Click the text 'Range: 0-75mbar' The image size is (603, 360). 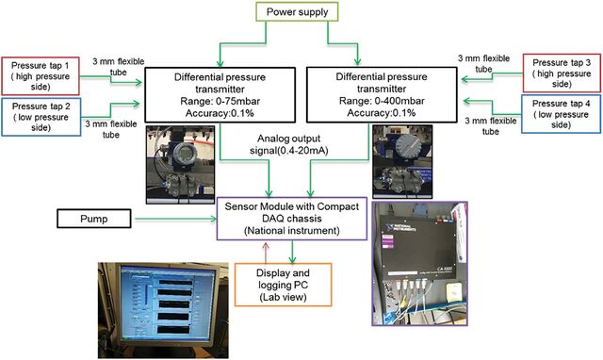[220, 101]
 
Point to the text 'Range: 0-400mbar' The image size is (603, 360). [382, 101]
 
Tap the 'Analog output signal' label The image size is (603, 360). [289, 144]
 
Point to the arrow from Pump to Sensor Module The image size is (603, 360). [176, 219]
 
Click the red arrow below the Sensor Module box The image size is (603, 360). [266, 252]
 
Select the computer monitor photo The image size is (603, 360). [163, 310]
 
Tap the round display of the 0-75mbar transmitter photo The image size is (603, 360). [187, 154]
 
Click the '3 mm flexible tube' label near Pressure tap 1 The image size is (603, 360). [118, 67]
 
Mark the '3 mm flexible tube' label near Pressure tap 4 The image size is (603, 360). [490, 125]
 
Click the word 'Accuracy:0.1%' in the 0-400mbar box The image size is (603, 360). [381, 113]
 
